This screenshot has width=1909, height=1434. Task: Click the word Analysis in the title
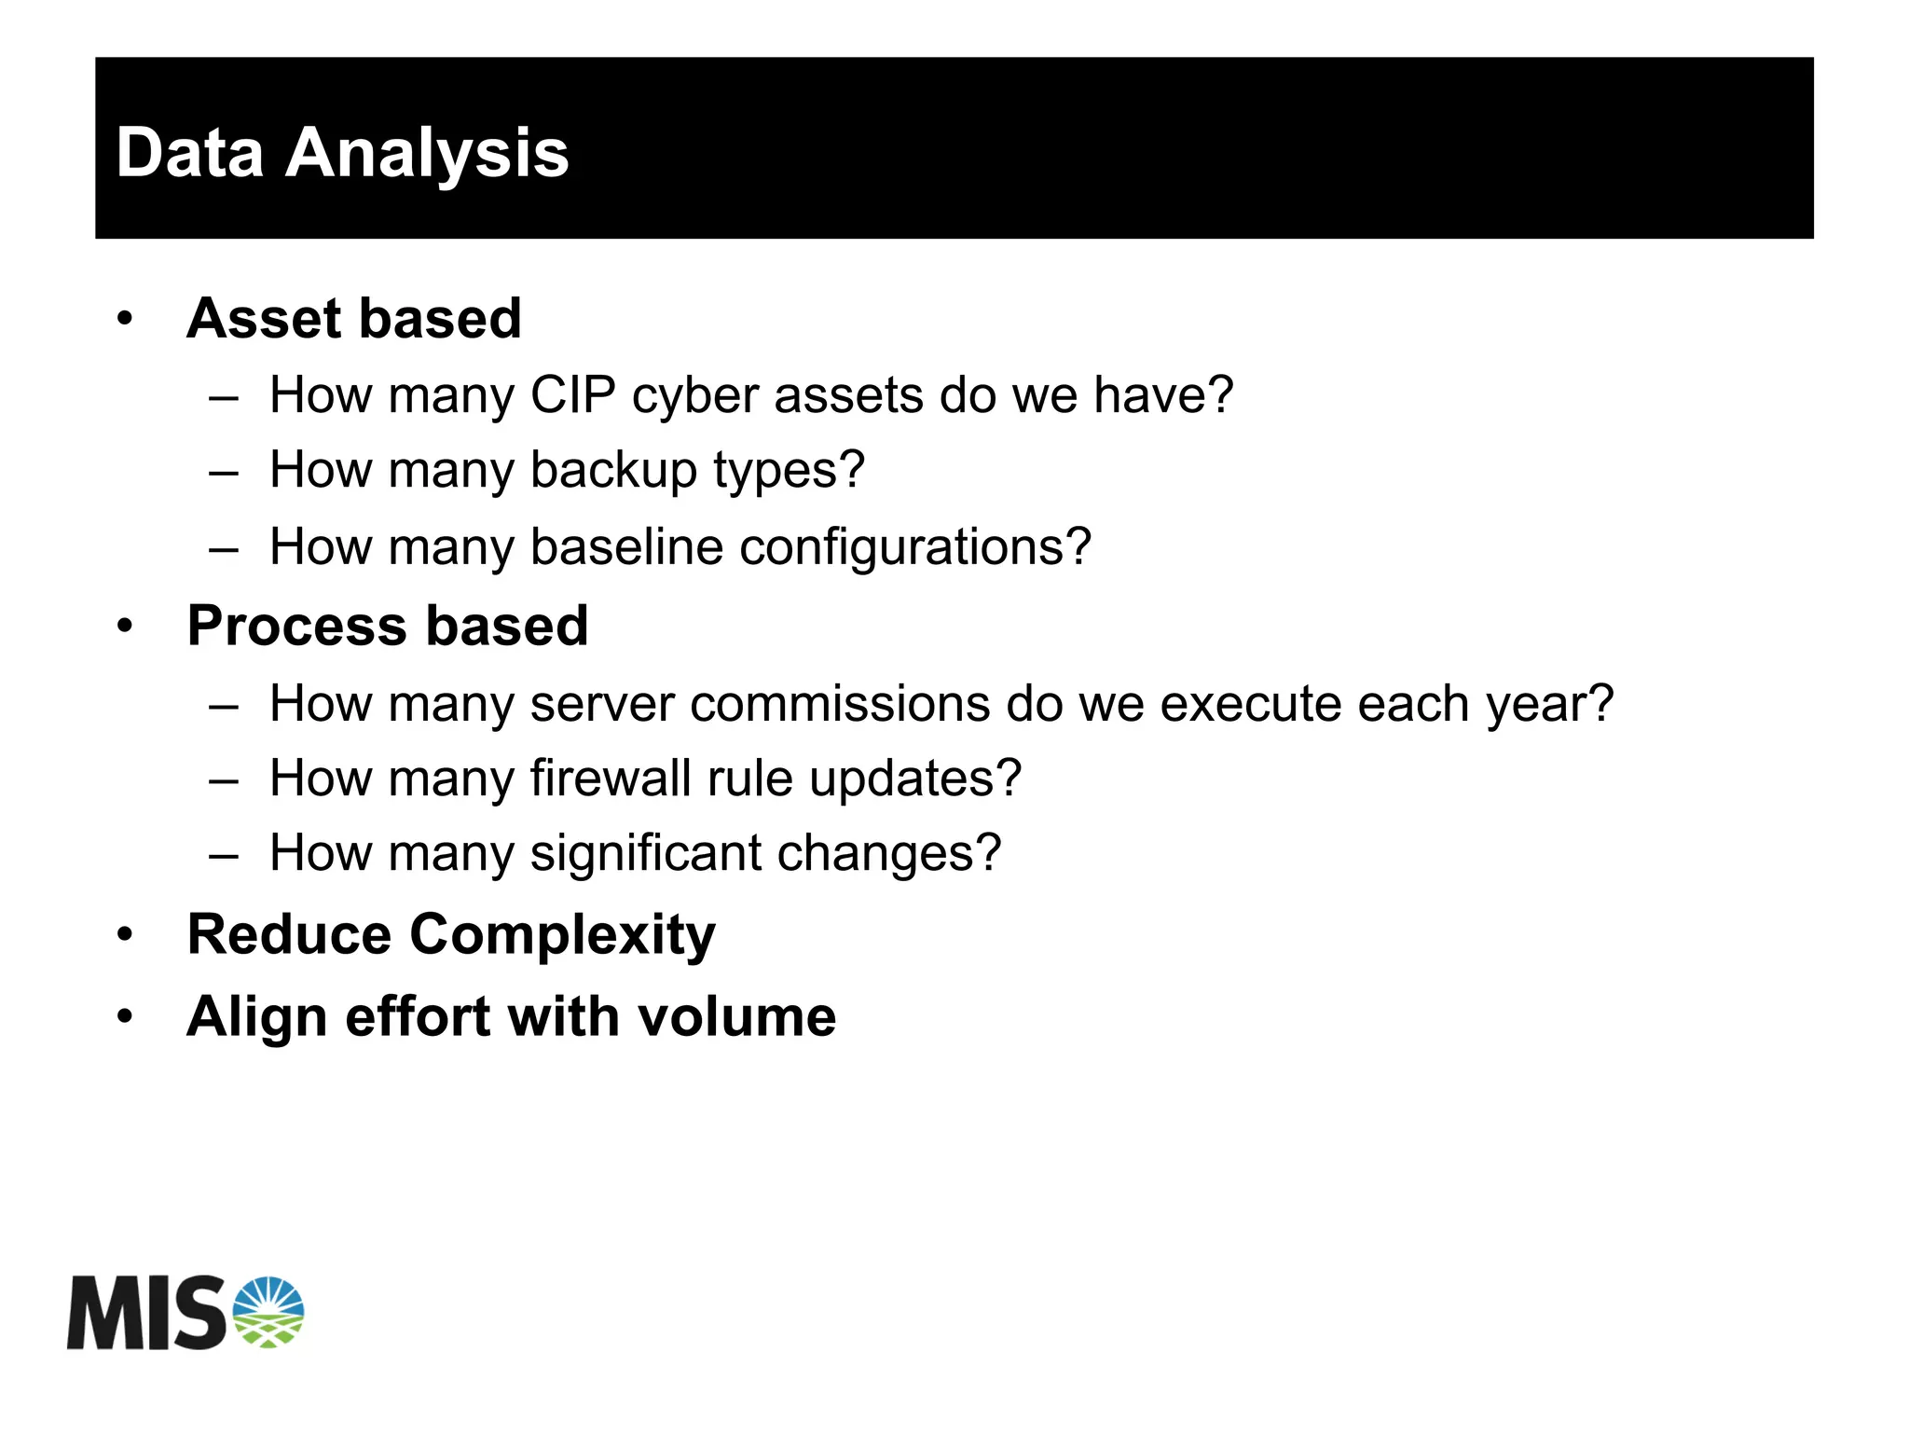tap(426, 153)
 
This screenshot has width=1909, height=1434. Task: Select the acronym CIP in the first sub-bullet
tap(572, 394)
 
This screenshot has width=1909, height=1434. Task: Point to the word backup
tap(613, 470)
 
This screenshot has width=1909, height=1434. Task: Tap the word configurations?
tap(914, 548)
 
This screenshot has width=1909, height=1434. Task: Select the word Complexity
tap(562, 935)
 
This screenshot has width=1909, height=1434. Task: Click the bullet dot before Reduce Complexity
tap(126, 934)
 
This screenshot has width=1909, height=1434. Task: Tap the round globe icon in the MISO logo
tap(268, 1312)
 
